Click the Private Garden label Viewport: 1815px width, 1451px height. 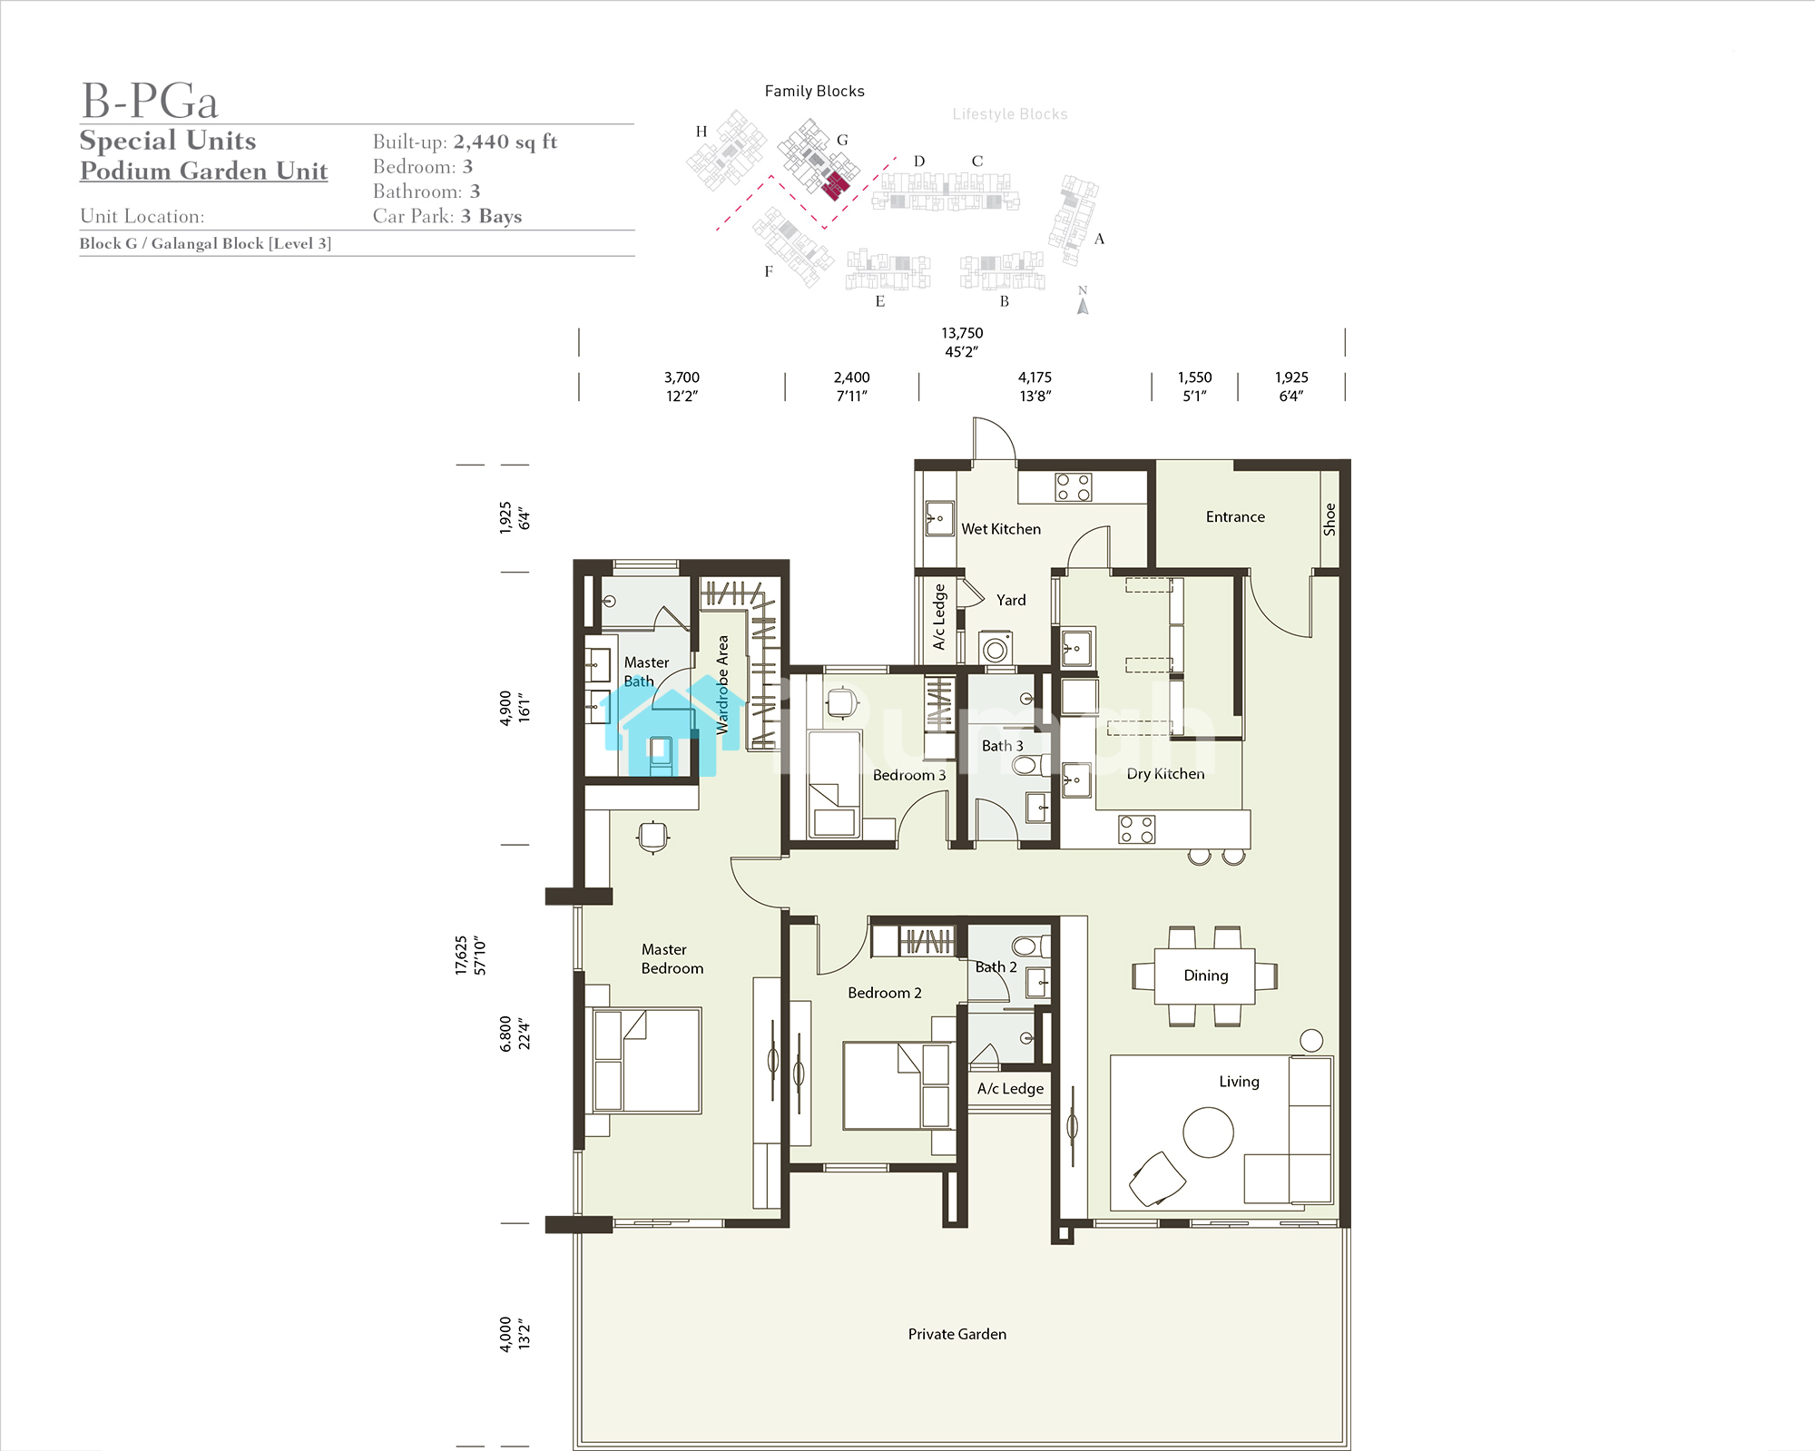(957, 1334)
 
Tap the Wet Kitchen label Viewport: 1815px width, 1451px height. (1001, 529)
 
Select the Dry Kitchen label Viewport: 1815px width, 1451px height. (1166, 774)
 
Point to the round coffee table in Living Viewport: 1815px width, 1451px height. (1209, 1132)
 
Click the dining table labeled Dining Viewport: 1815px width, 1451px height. (1205, 976)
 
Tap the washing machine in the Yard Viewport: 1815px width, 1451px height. (996, 649)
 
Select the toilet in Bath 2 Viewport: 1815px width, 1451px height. (1029, 946)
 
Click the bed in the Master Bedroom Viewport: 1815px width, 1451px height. (647, 1060)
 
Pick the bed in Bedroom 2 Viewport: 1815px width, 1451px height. (897, 1085)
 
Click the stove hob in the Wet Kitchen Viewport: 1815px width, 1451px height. (1074, 487)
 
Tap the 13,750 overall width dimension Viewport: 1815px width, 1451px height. (962, 342)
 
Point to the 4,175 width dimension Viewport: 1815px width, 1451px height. (1035, 387)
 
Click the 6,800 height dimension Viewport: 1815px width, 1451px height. (515, 1034)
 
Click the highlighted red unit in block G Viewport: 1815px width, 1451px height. (836, 186)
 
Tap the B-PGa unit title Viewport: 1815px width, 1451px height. (150, 101)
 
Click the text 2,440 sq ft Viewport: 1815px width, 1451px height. (505, 142)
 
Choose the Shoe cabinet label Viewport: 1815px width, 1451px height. (1329, 519)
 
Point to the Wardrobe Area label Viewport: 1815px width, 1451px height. (722, 684)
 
